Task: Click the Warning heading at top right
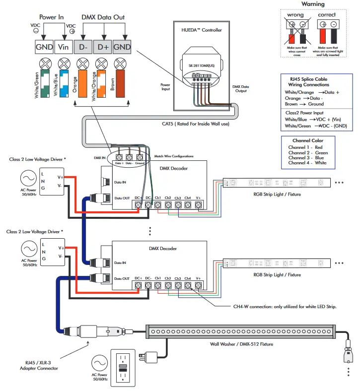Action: (313, 4)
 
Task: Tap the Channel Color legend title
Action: (308, 141)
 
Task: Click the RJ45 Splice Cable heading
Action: (308, 79)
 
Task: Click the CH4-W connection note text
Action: (285, 307)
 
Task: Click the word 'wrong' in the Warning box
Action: (296, 15)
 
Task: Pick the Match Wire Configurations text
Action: (174, 156)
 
